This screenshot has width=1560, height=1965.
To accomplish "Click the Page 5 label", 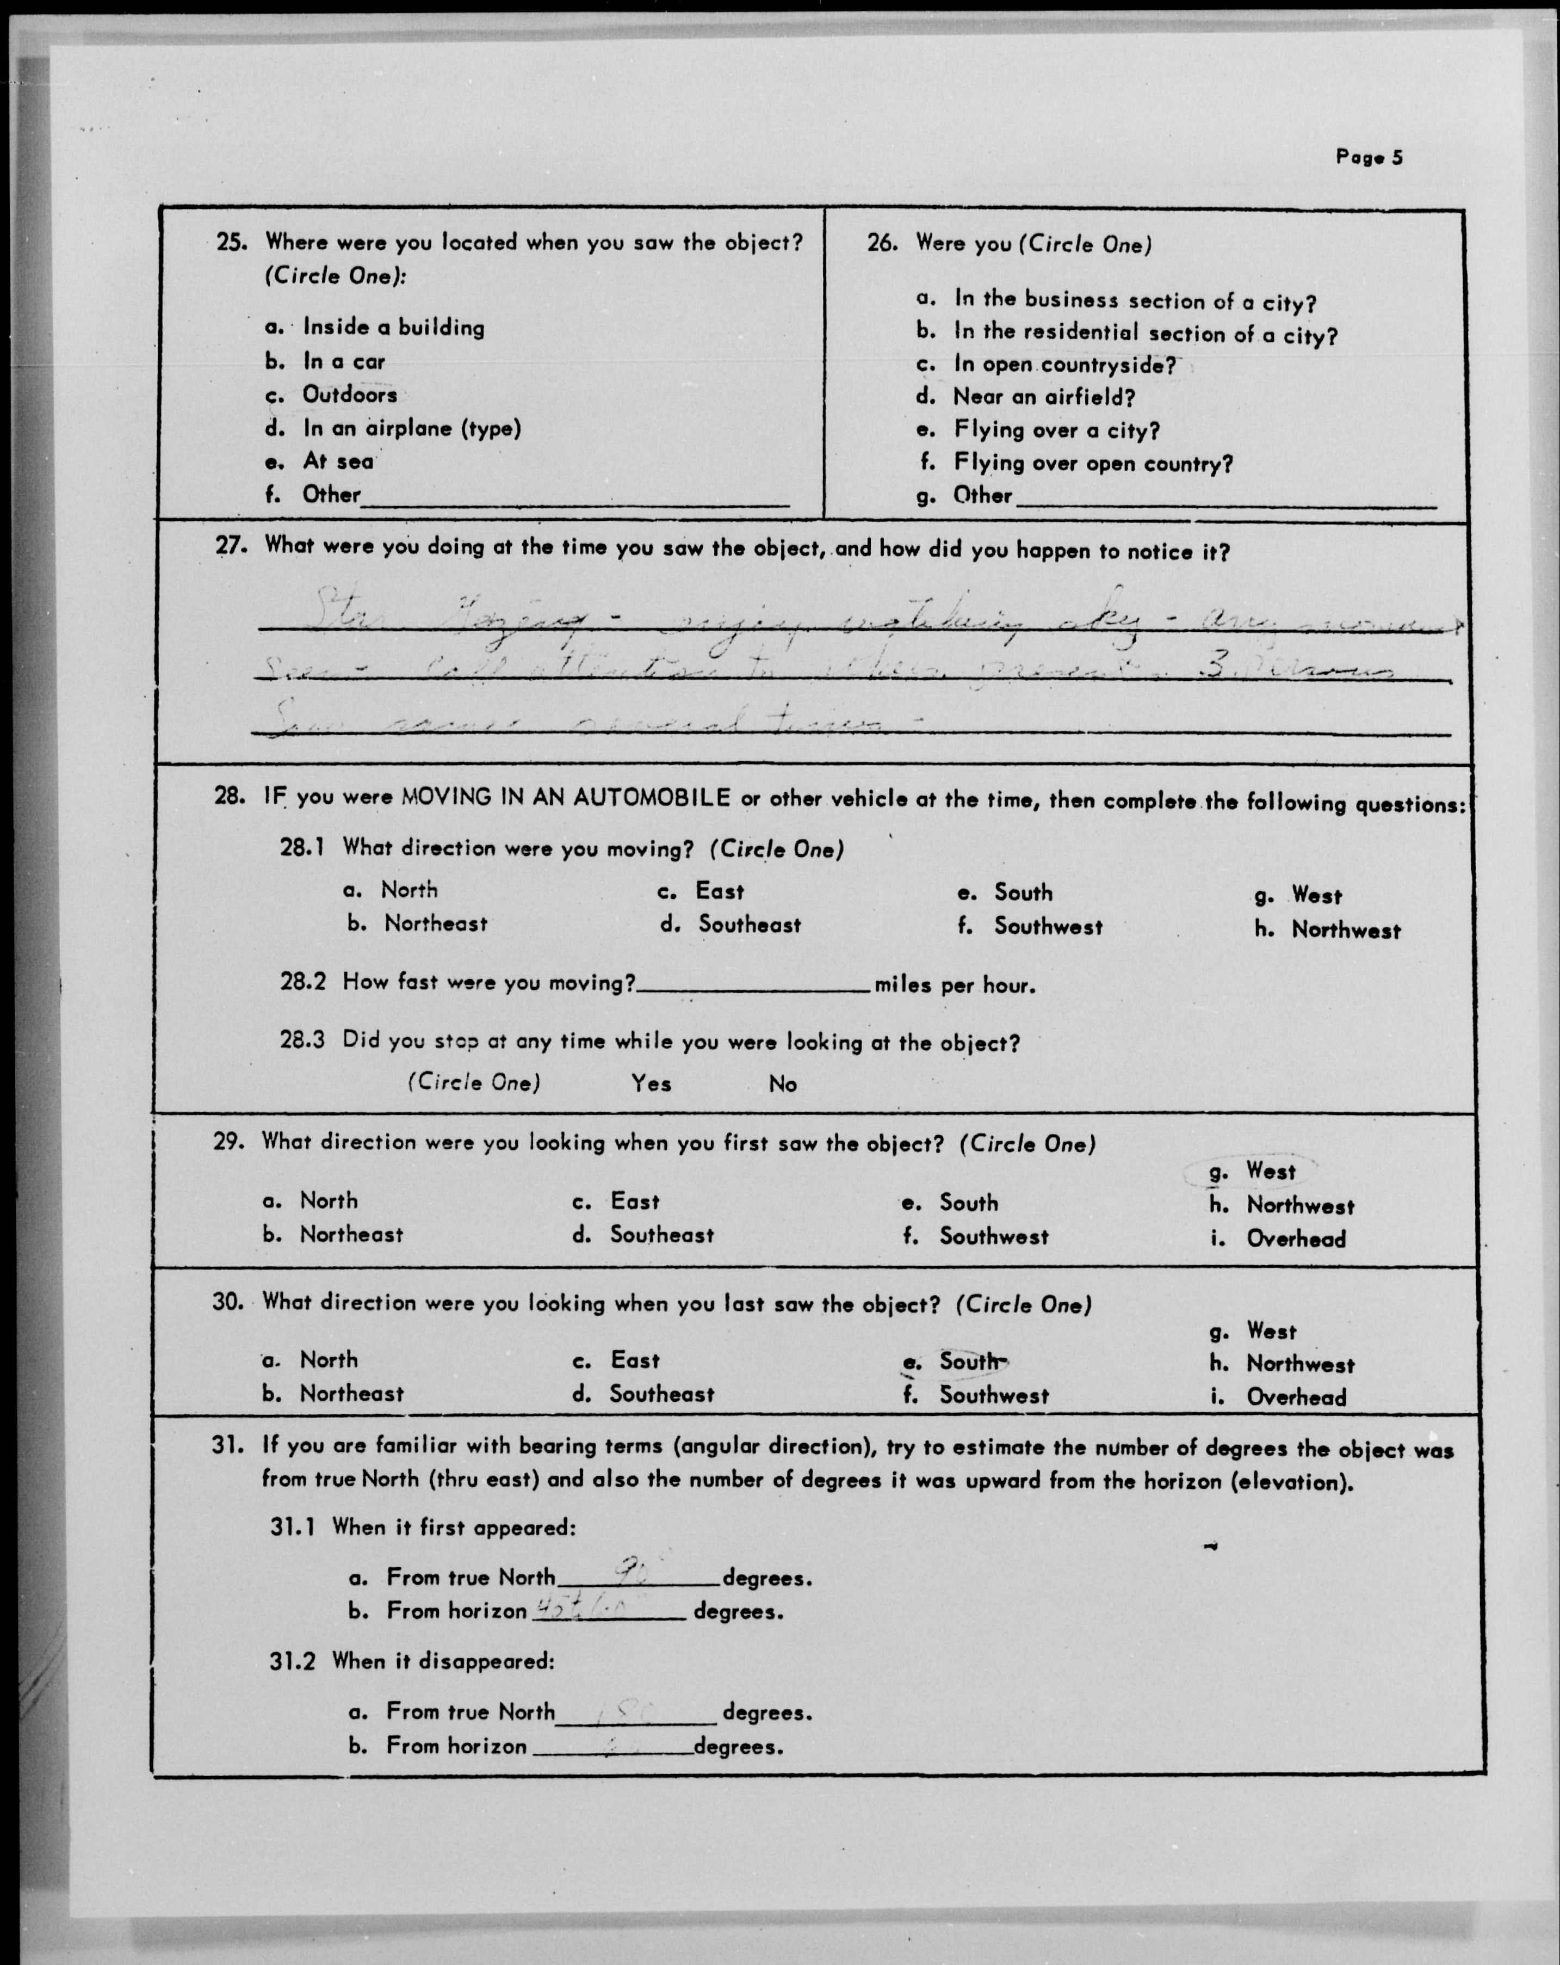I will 1369,157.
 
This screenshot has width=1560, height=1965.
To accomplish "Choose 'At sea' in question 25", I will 337,461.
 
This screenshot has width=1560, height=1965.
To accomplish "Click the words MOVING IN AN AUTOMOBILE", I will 565,798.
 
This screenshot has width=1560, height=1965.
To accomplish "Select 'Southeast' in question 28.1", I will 749,924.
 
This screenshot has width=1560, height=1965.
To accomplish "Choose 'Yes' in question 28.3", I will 651,1083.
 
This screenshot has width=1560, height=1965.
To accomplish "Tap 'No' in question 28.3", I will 782,1083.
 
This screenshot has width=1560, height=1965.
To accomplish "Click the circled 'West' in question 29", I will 1270,1171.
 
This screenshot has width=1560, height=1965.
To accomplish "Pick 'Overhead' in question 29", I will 1295,1239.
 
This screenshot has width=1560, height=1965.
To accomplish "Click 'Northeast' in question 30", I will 351,1394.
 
